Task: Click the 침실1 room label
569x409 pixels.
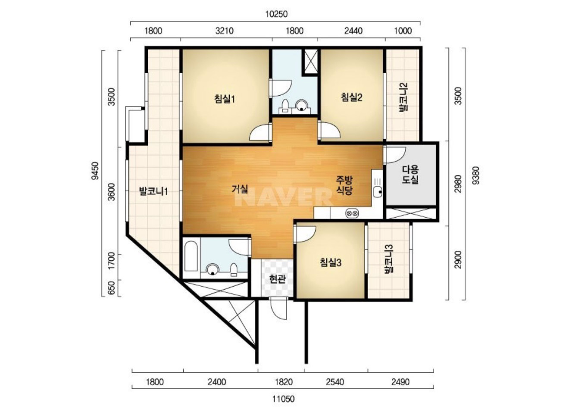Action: point(225,99)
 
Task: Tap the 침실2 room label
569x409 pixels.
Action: point(352,97)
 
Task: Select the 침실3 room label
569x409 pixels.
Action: point(331,262)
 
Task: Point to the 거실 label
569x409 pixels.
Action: point(240,189)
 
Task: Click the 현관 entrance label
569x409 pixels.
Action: point(278,279)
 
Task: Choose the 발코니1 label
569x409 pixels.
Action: point(153,191)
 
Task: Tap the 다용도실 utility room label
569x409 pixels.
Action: point(410,175)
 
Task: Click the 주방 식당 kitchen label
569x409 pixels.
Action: point(344,185)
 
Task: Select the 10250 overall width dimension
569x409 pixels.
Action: point(277,14)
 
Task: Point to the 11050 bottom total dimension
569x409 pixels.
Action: point(284,399)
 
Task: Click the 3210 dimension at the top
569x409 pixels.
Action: point(225,31)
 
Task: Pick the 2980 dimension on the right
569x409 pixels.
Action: point(458,184)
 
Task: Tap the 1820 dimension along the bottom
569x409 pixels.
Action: point(284,382)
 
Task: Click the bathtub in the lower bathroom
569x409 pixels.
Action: point(191,256)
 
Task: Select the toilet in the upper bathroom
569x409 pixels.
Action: point(285,106)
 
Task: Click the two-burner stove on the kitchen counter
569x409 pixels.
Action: point(352,213)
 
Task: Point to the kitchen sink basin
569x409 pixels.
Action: point(378,192)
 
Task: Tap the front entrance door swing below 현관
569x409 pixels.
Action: point(278,309)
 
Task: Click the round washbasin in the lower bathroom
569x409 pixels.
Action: point(213,269)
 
